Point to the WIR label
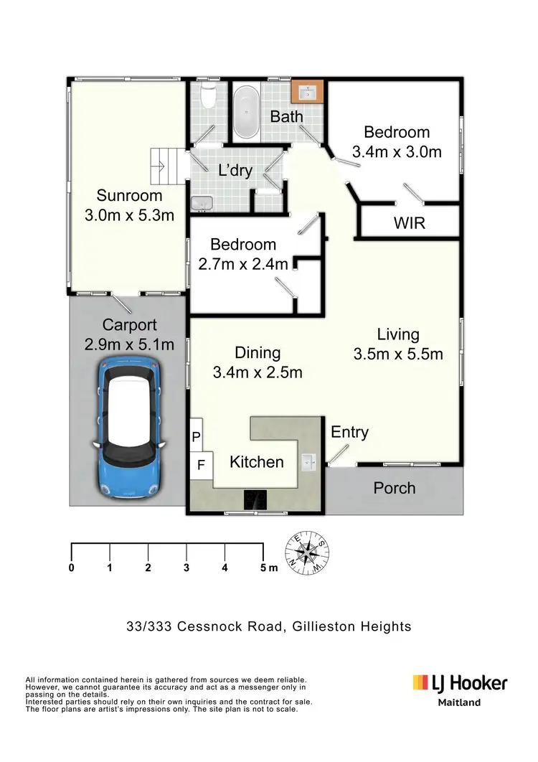click(x=410, y=223)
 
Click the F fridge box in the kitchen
click(x=202, y=465)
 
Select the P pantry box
click(x=197, y=436)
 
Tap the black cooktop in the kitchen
click(x=255, y=499)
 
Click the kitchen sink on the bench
click(x=309, y=461)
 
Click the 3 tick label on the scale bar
click(x=186, y=568)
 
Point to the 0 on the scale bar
click(x=72, y=568)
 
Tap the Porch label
click(x=395, y=488)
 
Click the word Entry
click(x=349, y=432)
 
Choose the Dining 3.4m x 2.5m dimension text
click(x=258, y=372)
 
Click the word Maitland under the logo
click(x=460, y=702)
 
